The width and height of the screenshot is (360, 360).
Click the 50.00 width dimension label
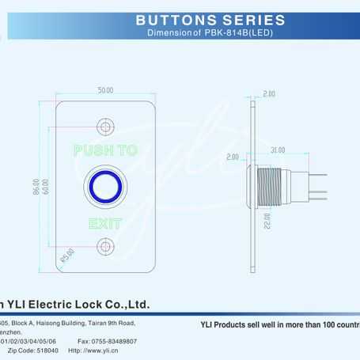pos(105,90)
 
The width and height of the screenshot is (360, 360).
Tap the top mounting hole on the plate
pos(105,126)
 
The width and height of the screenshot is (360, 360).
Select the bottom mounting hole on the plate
pos(105,248)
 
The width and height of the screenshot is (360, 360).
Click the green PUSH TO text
pos(105,150)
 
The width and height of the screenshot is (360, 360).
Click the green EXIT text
pos(105,225)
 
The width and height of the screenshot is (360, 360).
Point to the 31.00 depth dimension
pos(278,150)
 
